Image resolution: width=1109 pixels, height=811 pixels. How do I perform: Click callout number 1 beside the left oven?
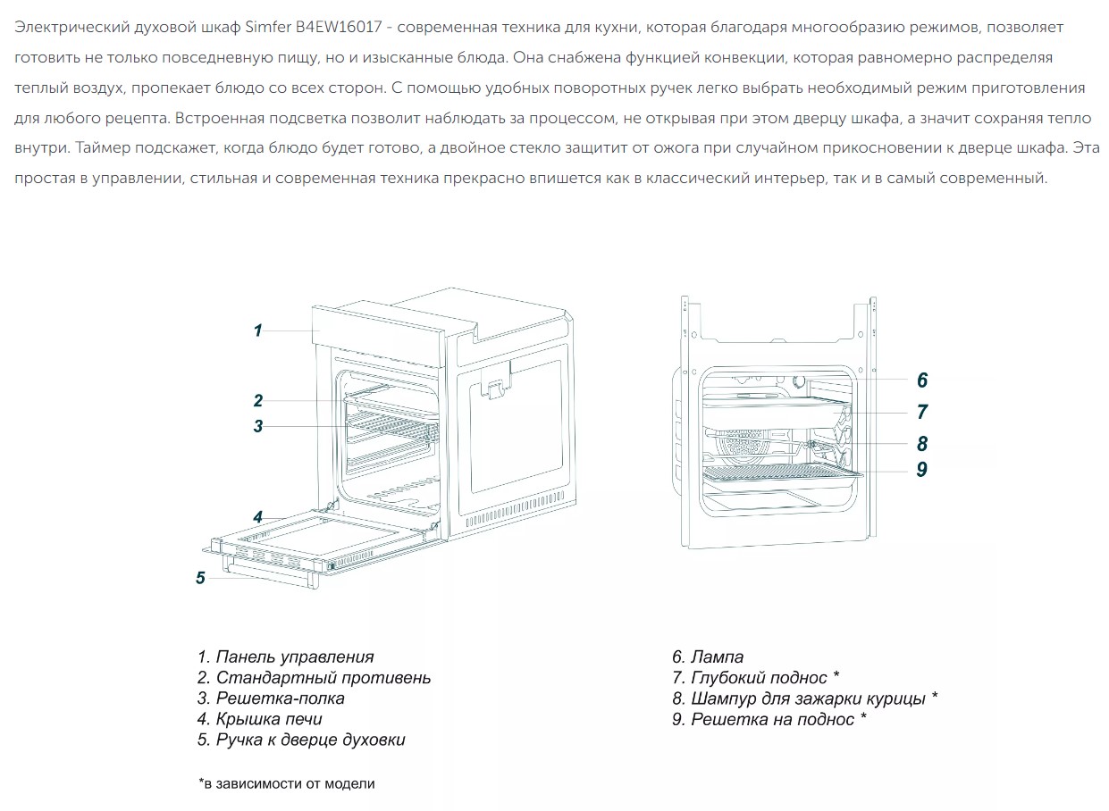(x=257, y=330)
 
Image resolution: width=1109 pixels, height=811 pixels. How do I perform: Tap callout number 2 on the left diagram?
(x=257, y=400)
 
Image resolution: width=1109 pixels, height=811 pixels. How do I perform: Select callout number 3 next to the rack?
(x=257, y=426)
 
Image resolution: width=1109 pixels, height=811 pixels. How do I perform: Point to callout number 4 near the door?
(x=257, y=516)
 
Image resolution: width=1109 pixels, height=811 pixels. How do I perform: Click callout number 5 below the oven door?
(x=200, y=578)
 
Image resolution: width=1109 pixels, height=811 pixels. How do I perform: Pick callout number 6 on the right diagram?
(x=922, y=380)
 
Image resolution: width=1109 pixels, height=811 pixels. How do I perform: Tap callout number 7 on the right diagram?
(x=922, y=412)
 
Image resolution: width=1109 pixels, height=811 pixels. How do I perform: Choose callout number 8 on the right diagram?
(x=922, y=444)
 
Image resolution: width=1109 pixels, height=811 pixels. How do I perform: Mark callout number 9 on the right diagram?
(x=922, y=469)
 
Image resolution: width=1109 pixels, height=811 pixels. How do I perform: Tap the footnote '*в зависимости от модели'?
(x=287, y=783)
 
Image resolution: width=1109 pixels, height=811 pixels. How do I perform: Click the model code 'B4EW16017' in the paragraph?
(x=342, y=28)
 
